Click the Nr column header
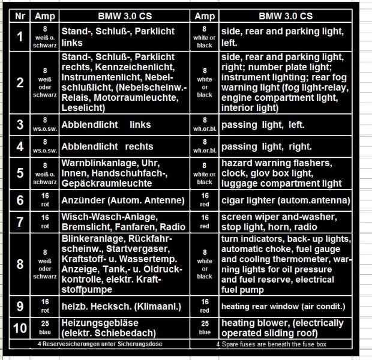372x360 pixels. (20, 16)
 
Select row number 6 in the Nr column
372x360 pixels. (20, 200)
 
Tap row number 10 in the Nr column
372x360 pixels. (20, 328)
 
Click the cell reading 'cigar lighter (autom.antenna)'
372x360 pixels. (286, 200)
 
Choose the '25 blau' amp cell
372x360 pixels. (45, 328)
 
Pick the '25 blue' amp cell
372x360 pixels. (205, 328)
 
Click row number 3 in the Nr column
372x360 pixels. (20, 125)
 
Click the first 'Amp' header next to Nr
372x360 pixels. (45, 16)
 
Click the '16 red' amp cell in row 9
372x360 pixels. (205, 307)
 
